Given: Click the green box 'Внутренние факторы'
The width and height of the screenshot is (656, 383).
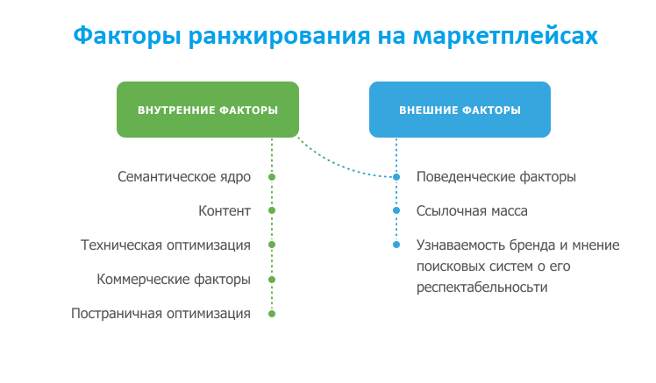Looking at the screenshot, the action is tap(208, 110).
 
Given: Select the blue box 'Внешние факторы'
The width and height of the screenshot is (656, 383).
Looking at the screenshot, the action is tap(460, 110).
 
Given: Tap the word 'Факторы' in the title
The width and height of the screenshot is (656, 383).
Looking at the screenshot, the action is tap(127, 37).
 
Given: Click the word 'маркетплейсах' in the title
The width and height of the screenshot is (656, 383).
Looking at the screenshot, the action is tap(505, 37).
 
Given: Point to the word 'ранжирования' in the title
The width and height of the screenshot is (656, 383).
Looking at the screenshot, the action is tap(280, 37).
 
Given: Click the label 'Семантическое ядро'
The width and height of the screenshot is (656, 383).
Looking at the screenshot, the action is tap(184, 177).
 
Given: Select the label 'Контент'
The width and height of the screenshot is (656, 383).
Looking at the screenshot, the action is tap(225, 210).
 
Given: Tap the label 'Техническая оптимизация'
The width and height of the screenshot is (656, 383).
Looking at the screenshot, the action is tap(166, 245).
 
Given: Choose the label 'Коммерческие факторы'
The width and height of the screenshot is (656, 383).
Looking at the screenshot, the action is tap(174, 280).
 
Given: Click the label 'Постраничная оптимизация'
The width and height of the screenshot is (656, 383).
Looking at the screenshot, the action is tap(160, 314).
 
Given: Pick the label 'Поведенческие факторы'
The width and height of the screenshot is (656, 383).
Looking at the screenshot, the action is tap(496, 177).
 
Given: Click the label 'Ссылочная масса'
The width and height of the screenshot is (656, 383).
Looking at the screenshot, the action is tap(472, 211).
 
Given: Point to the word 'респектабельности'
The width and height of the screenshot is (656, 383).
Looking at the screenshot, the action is tap(482, 287).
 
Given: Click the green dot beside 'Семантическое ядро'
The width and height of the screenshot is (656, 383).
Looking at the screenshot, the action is tap(272, 177).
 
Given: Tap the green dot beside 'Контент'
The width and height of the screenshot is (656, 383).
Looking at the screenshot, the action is tap(272, 210).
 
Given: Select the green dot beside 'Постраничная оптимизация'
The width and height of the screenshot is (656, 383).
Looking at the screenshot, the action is tap(272, 314).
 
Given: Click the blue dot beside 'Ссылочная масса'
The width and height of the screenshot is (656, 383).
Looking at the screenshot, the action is tap(396, 210).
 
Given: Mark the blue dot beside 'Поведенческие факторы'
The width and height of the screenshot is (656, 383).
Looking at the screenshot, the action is tap(396, 177).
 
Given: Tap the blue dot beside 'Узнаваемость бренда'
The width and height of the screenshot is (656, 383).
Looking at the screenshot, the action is tap(396, 245).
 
